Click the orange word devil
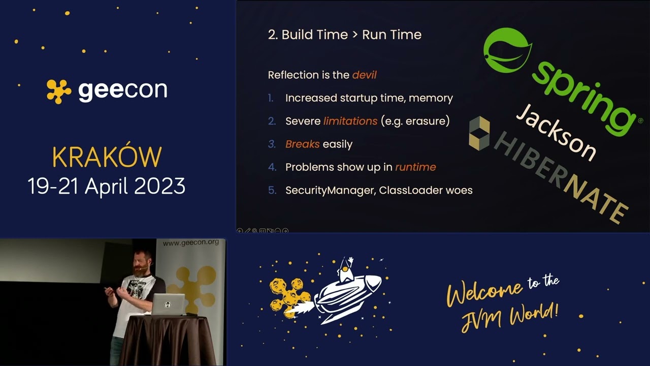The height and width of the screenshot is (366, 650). pyautogui.click(x=364, y=75)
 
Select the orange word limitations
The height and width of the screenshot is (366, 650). pyautogui.click(x=350, y=121)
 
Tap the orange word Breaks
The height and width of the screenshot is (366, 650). pyautogui.click(x=302, y=144)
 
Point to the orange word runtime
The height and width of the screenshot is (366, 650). pyautogui.click(x=415, y=167)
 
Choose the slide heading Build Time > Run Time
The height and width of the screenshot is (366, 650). pyautogui.click(x=344, y=35)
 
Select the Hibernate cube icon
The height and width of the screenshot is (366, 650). pyautogui.click(x=479, y=133)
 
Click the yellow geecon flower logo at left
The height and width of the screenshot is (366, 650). pyautogui.click(x=59, y=91)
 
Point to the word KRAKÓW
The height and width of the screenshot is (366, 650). pyautogui.click(x=107, y=158)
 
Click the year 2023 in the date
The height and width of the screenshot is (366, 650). pyautogui.click(x=159, y=187)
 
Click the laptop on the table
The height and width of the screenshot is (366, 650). pyautogui.click(x=168, y=304)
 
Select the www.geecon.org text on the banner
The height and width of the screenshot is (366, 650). pyautogui.click(x=190, y=242)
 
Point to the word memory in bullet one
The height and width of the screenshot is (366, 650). pyautogui.click(x=432, y=98)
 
